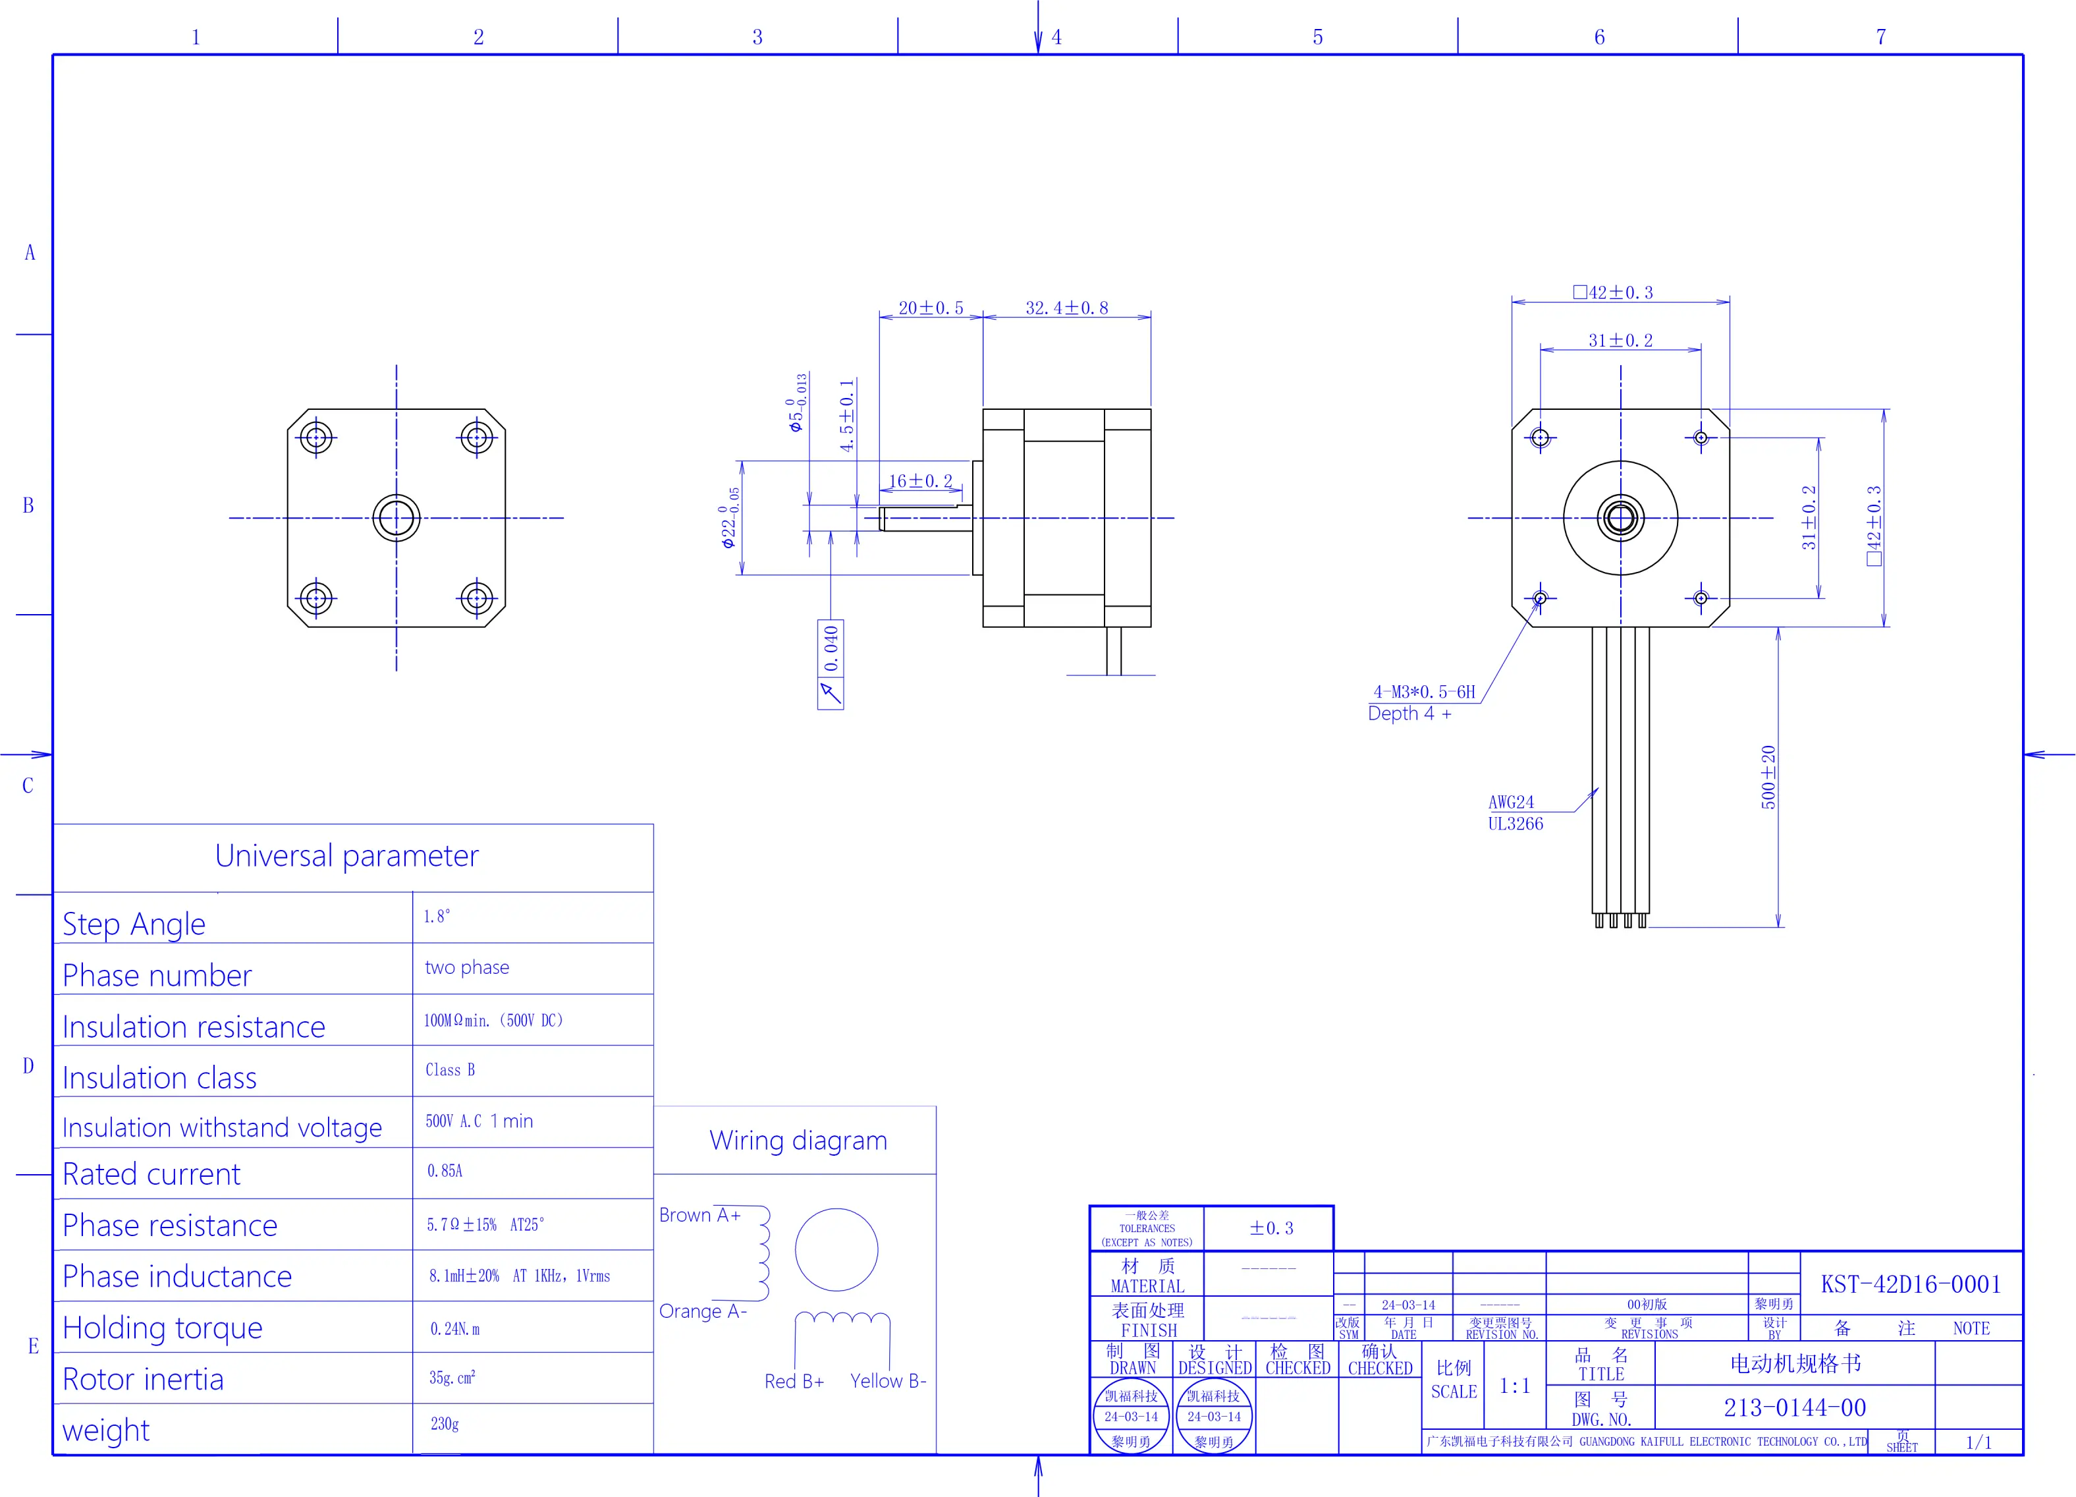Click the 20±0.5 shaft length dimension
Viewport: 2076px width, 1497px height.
[x=930, y=308]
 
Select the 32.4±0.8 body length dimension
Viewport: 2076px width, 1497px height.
[x=1066, y=308]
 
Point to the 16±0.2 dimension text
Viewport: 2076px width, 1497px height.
[x=920, y=481]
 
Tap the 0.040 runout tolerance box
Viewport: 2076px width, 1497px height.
[x=831, y=648]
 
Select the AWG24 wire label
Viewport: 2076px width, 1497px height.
[x=1510, y=802]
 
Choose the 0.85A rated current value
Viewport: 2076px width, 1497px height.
[x=445, y=1171]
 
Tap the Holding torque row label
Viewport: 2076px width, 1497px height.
[x=162, y=1328]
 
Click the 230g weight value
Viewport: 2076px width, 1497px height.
[x=445, y=1424]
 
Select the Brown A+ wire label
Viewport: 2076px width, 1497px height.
[x=699, y=1215]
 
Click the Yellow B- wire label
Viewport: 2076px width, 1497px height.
[x=888, y=1381]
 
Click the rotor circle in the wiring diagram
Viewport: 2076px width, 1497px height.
[x=836, y=1250]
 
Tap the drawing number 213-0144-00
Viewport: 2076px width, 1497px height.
[x=1794, y=1407]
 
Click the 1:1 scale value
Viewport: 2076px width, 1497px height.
[x=1514, y=1386]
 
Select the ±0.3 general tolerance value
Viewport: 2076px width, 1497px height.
[x=1271, y=1228]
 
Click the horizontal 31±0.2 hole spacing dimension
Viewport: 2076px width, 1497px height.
[x=1620, y=341]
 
